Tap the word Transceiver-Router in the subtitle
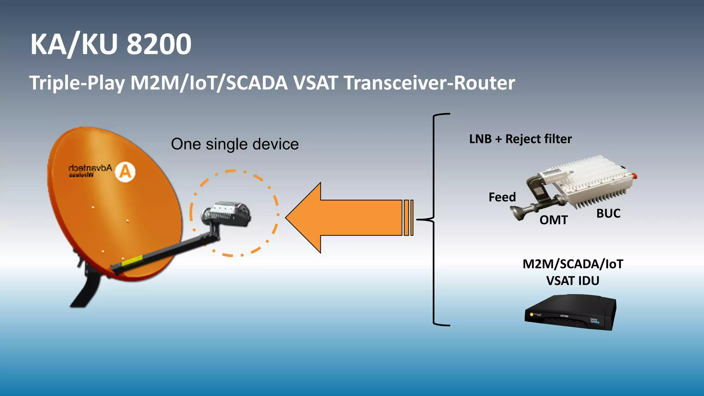point(429,83)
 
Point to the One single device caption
point(235,144)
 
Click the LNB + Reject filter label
point(520,139)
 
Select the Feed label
point(502,197)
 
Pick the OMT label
point(553,220)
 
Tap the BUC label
point(608,213)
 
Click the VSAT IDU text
point(573,281)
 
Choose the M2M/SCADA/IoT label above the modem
point(573,264)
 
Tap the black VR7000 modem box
point(571,313)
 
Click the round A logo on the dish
point(125,172)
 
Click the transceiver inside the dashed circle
point(227,213)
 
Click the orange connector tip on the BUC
point(635,176)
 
